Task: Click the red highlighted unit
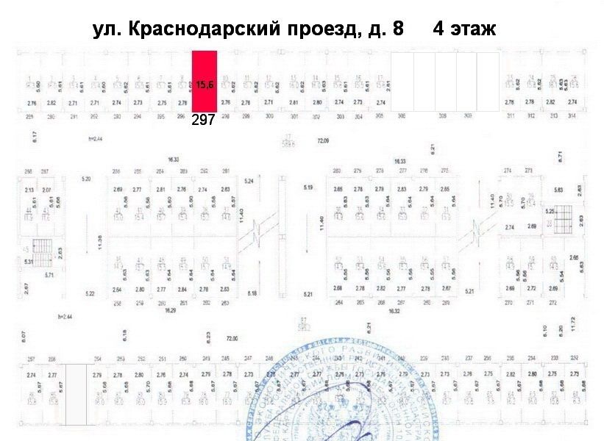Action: pos(205,81)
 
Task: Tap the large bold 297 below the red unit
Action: pos(203,121)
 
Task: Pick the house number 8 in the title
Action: pos(398,29)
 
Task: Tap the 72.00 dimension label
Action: pos(232,339)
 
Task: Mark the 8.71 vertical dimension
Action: pos(561,156)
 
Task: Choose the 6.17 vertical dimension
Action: pos(35,136)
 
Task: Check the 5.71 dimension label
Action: pos(51,275)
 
